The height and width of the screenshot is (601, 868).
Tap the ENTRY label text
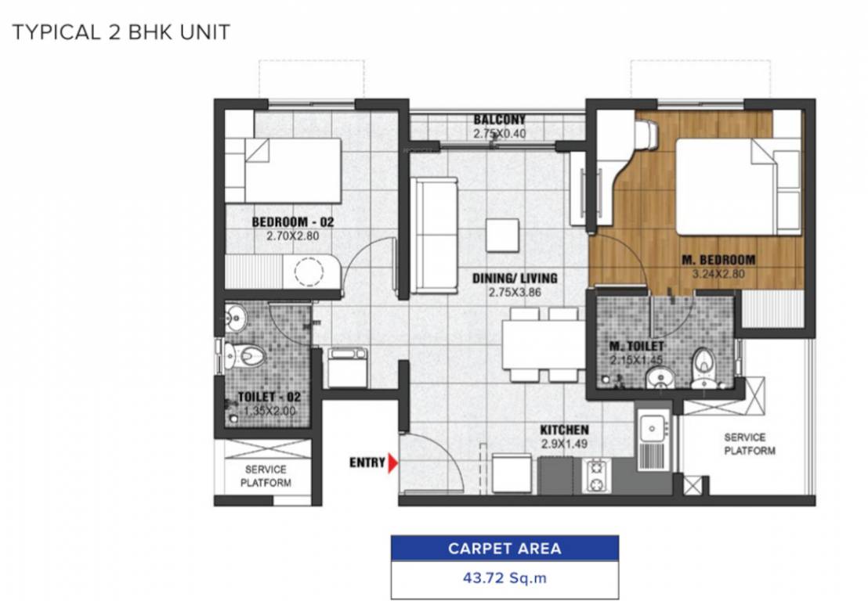[367, 462]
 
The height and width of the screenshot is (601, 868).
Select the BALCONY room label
[499, 120]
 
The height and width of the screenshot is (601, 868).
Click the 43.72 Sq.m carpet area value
[505, 579]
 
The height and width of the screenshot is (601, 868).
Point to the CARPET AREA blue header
[505, 548]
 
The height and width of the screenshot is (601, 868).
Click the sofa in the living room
[435, 235]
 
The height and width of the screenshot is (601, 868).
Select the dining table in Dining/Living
[541, 344]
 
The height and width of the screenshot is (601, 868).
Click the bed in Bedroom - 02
[292, 170]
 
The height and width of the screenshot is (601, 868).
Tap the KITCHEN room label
[564, 430]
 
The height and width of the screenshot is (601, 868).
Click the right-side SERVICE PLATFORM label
[749, 444]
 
